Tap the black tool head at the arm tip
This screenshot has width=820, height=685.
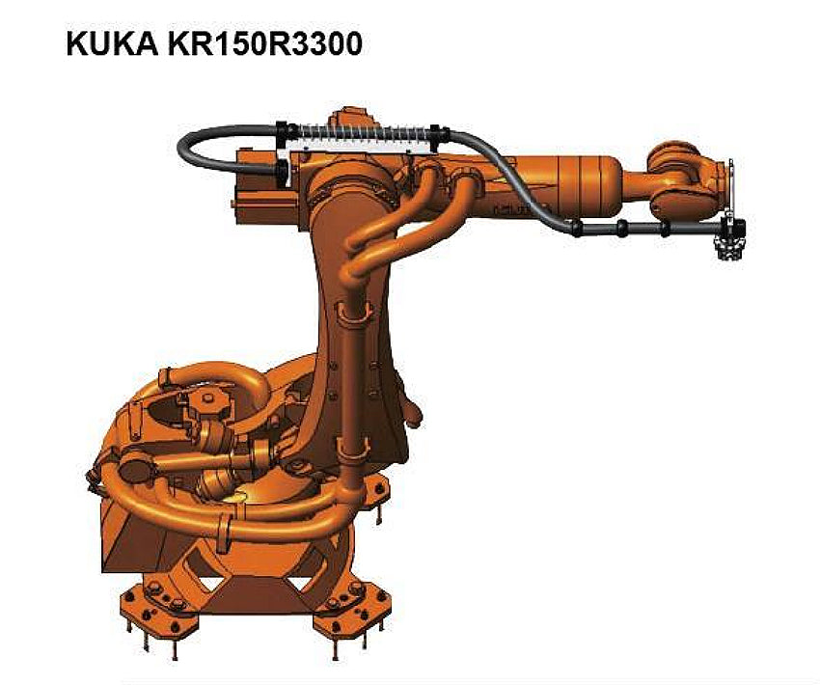click(x=730, y=238)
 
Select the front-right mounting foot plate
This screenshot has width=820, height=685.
click(x=350, y=606)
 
